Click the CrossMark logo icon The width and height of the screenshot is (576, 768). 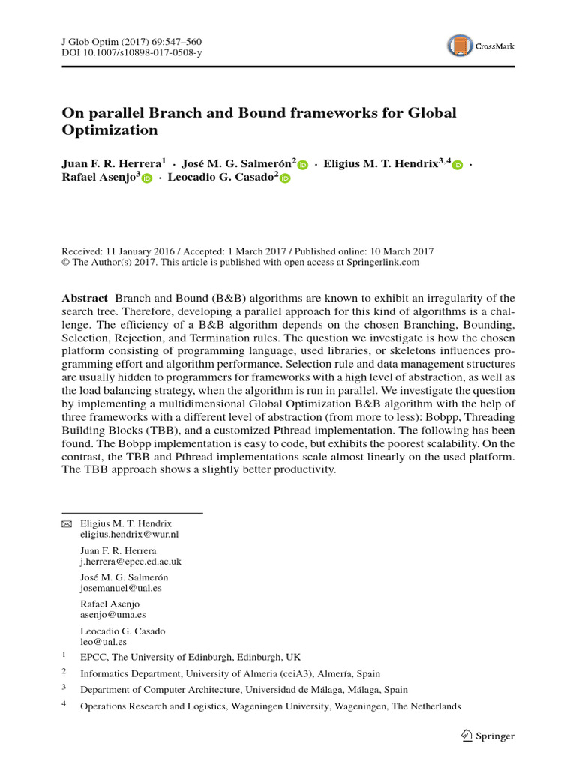pos(460,46)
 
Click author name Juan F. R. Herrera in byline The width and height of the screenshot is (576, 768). pos(111,163)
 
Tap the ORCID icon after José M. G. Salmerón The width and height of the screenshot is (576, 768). pos(303,165)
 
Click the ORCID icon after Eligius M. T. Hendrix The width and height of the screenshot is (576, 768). pos(457,165)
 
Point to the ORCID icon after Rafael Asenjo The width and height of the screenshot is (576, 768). pos(146,178)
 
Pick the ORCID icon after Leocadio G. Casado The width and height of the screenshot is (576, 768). pos(285,178)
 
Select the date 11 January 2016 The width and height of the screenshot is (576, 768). pos(136,252)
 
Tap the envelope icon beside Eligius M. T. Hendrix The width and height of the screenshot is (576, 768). pos(66,523)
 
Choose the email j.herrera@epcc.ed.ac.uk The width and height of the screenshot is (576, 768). pos(130,562)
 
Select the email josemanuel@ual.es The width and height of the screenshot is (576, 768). pos(121,589)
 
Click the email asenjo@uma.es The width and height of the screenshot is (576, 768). pos(112,616)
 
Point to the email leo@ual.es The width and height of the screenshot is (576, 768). pos(103,642)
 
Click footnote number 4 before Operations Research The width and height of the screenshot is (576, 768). pos(64,703)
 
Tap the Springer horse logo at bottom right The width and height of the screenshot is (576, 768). pos(466,736)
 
